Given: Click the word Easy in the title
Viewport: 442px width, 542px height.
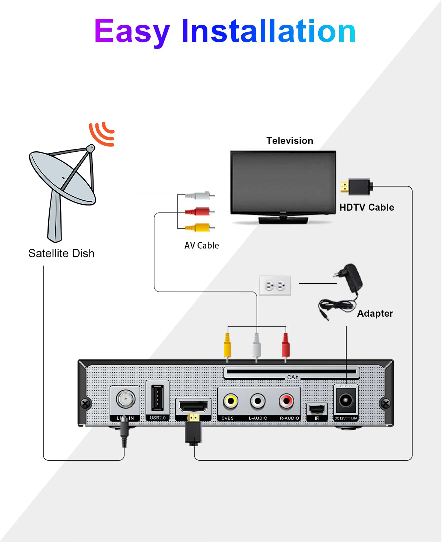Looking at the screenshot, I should coord(132,32).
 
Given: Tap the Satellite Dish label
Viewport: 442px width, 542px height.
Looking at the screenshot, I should coord(62,253).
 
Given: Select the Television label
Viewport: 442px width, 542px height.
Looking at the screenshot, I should coord(290,141).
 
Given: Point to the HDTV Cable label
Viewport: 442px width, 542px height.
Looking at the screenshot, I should coord(366,207).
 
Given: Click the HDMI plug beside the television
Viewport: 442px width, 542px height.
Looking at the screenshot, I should coord(356,187).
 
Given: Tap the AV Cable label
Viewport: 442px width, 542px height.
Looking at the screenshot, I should coord(201,245).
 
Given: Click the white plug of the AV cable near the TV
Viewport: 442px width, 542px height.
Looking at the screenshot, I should coord(199,195).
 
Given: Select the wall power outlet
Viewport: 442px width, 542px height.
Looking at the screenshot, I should coord(275,285).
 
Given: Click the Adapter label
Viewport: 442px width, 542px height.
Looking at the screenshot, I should coord(375,313).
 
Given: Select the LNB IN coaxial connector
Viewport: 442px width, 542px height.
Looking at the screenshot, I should coord(125,398).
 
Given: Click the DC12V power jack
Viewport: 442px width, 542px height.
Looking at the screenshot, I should coord(345,400).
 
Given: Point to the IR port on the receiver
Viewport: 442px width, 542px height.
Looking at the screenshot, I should coord(317,409).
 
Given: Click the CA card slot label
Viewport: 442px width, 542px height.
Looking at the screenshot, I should coord(292,377).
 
